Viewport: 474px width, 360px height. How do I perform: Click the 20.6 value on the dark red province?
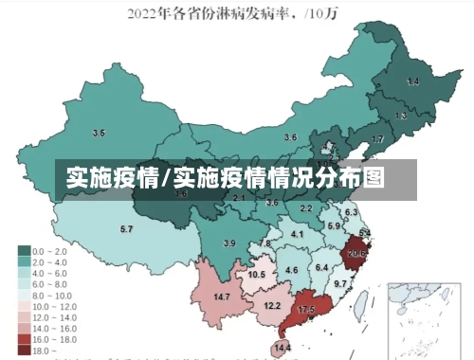(357, 253)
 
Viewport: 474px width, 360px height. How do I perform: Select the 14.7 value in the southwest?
(222, 297)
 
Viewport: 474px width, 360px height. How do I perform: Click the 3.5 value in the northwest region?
(99, 133)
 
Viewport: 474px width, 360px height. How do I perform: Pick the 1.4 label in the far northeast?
(412, 82)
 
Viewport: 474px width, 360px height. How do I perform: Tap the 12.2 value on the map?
(272, 305)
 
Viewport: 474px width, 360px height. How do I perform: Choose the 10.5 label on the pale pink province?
(256, 275)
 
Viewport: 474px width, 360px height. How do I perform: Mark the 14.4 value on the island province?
(283, 349)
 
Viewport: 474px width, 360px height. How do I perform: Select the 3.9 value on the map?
(228, 243)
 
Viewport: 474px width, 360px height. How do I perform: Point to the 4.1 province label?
(297, 234)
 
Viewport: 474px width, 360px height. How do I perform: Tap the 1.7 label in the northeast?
(377, 139)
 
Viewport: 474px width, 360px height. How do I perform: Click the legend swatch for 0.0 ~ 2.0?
(23, 251)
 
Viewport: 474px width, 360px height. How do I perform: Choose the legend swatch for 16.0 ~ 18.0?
(23, 338)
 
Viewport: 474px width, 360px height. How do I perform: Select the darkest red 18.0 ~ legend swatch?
(23, 350)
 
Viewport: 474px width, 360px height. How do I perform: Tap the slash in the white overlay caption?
(168, 176)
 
